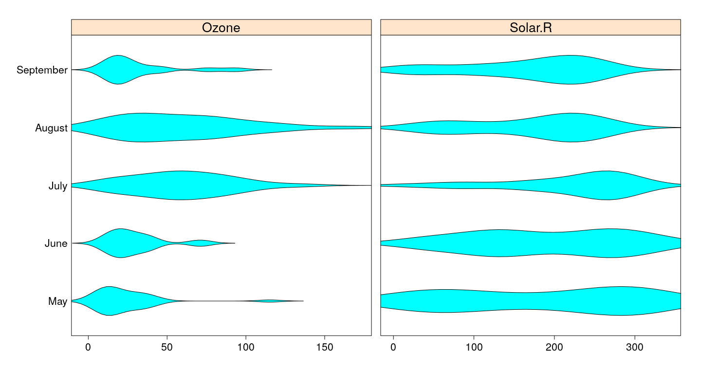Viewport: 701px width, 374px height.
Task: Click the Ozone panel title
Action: tap(221, 28)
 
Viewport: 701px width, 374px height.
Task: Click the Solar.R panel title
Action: tap(530, 28)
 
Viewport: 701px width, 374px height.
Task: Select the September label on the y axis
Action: tap(42, 70)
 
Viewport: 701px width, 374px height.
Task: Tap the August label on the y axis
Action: tap(51, 128)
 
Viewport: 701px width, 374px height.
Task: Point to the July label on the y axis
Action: tap(57, 186)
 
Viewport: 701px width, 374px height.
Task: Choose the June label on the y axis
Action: tap(55, 243)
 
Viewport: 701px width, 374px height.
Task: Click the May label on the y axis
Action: tap(57, 301)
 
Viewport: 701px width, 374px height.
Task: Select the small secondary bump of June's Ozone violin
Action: tap(200, 243)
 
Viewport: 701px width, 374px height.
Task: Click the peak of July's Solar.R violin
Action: tap(607, 185)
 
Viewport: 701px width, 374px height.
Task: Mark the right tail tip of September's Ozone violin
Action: tap(271, 70)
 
